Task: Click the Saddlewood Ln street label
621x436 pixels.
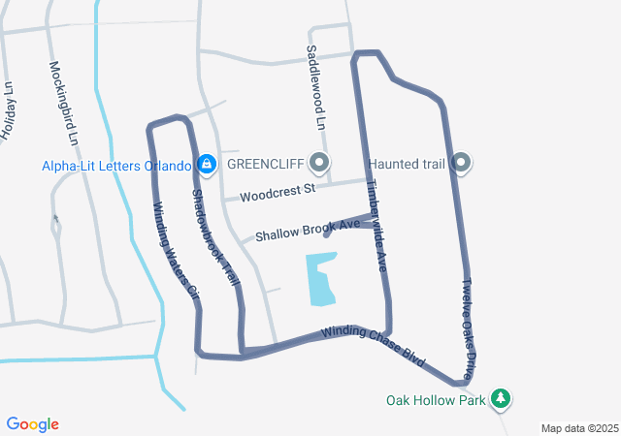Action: (313, 87)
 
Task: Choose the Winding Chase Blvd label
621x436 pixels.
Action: (374, 347)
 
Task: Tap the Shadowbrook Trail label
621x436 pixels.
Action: (215, 235)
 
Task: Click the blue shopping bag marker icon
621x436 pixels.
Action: (206, 164)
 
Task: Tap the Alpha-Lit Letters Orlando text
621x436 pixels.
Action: (116, 166)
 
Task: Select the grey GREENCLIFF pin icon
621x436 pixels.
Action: (320, 163)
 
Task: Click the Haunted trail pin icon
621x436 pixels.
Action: (462, 163)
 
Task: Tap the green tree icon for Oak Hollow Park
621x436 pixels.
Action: (501, 398)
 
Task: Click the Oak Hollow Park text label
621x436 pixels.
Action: (435, 399)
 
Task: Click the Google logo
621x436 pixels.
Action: (33, 424)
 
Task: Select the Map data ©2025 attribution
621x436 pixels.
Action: (579, 428)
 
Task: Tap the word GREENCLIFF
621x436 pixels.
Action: (266, 164)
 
